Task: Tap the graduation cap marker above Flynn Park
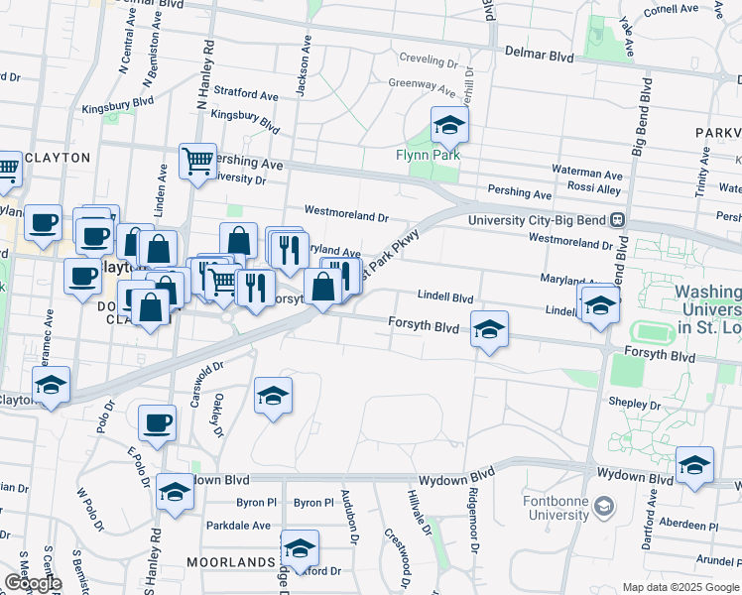coord(449,126)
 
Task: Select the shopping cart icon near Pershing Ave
coord(197,159)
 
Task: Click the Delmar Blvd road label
coord(540,57)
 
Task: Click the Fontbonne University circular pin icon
coord(604,508)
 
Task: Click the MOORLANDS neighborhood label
coord(230,562)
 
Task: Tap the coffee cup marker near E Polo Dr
coord(157,423)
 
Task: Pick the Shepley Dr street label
coord(635,405)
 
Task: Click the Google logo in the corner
coord(32,583)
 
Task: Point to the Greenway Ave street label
coord(421,83)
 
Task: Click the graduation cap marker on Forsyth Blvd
coord(488,330)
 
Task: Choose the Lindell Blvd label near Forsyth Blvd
coord(444,297)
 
